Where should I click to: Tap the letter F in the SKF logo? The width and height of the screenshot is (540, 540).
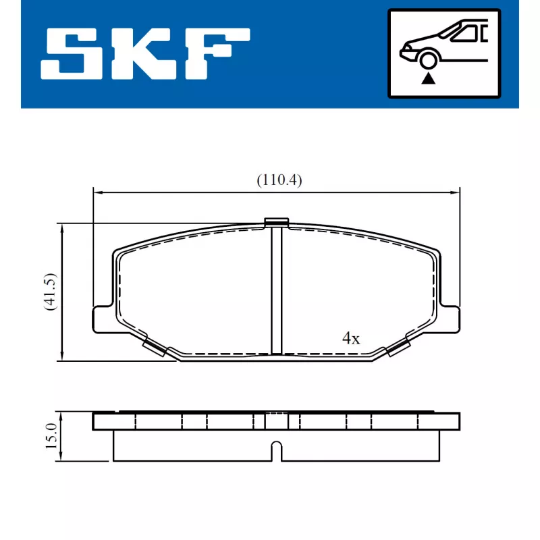click(x=217, y=54)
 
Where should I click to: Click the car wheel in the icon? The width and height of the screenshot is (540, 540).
click(x=428, y=60)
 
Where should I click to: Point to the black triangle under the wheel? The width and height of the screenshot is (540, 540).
click(x=429, y=79)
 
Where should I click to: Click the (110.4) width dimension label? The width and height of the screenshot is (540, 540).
click(x=279, y=180)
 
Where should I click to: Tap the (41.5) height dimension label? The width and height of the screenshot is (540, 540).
click(x=50, y=292)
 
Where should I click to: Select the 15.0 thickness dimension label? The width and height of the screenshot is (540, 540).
click(x=51, y=435)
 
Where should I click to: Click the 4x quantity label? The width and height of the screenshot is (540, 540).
click(x=351, y=338)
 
